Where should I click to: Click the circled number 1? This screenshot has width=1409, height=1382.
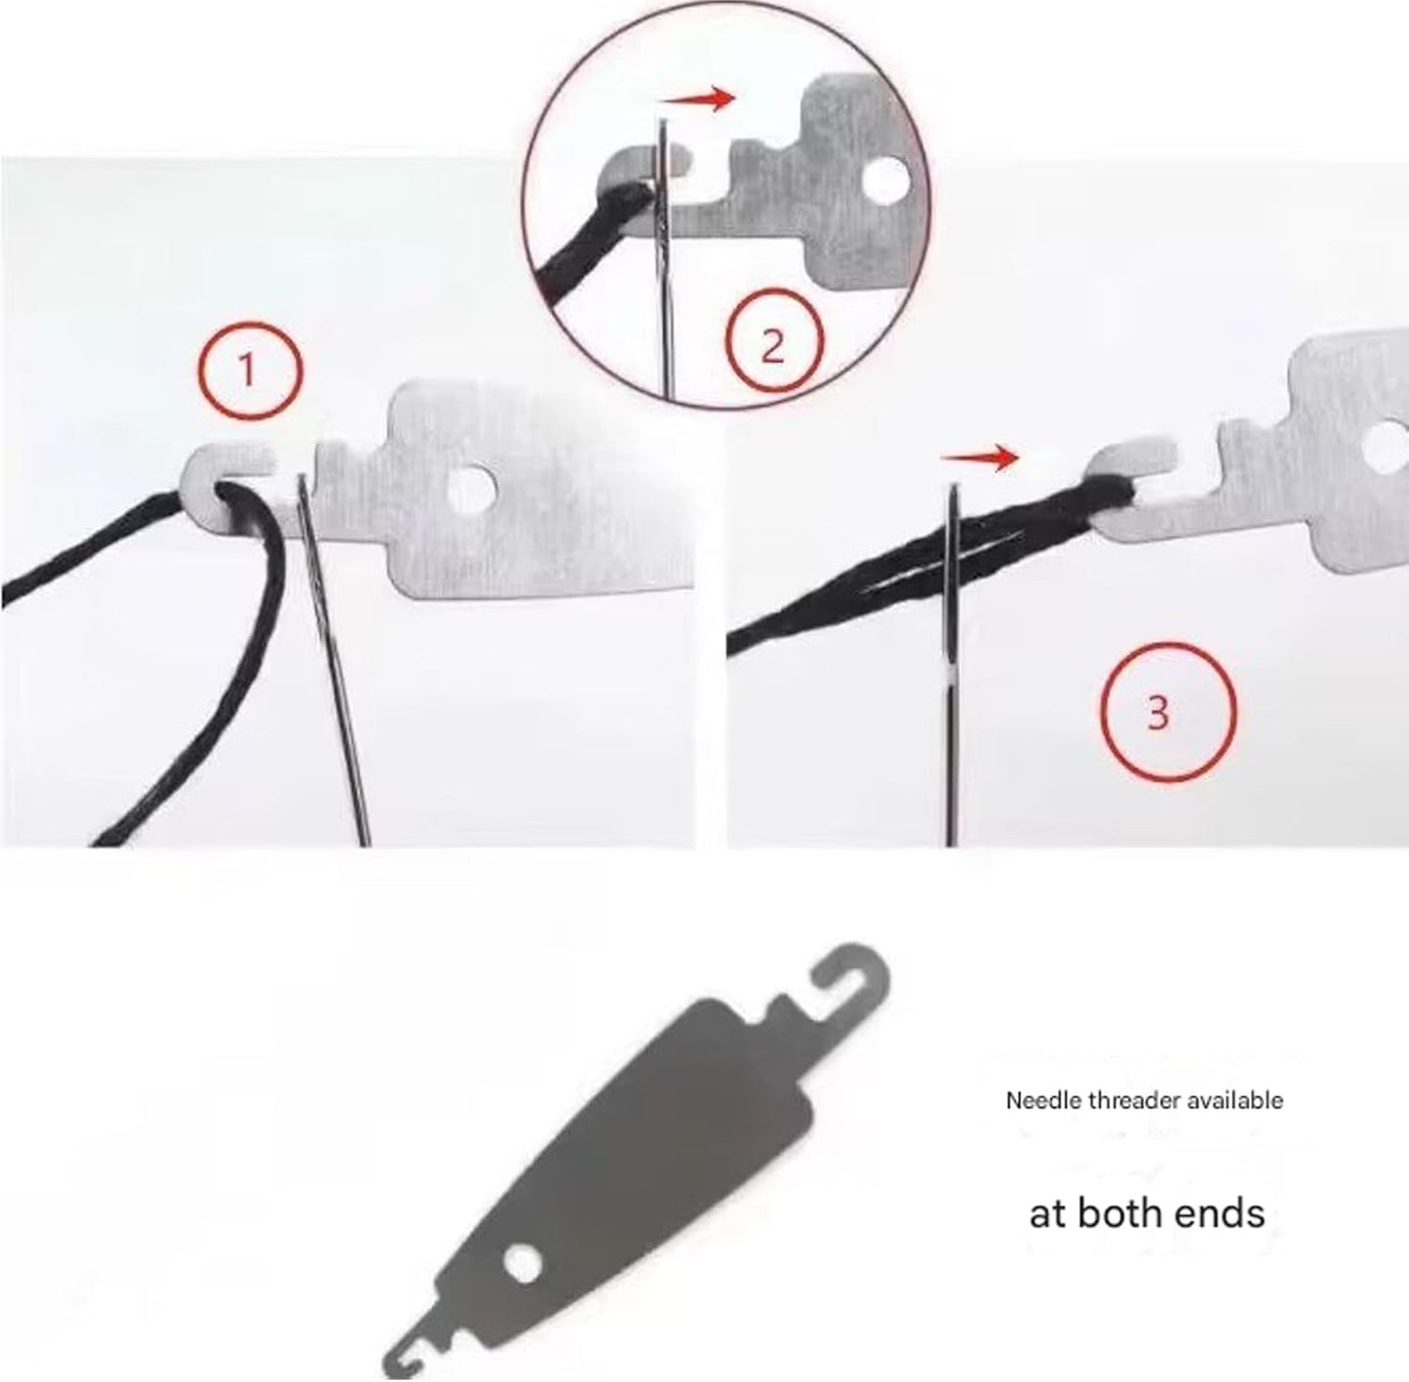247,371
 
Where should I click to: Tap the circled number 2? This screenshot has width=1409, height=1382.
773,341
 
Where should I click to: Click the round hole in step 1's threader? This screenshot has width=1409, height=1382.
470,489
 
